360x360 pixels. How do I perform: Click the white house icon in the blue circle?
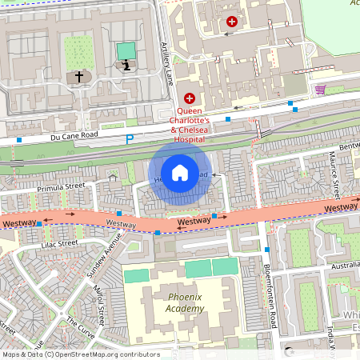coord(180,172)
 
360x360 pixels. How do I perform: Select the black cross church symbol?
coord(78,77)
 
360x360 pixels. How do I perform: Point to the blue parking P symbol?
coord(130,139)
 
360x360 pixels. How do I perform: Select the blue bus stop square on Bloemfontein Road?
coord(266,250)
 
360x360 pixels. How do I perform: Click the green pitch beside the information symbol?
coord(126,50)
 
